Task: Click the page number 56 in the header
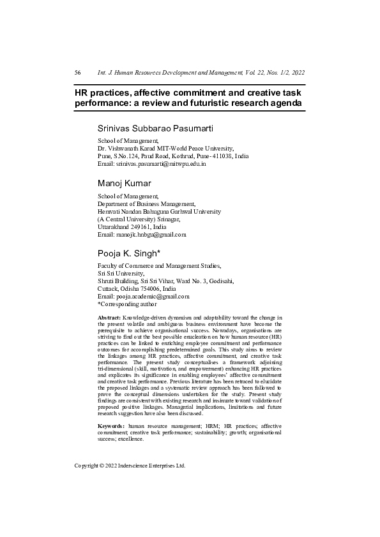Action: click(x=77, y=73)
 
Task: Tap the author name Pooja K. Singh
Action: click(x=133, y=253)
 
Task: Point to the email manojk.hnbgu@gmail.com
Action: click(x=151, y=234)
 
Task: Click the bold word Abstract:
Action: click(x=109, y=317)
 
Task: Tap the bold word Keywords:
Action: click(x=112, y=425)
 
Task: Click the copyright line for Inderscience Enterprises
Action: click(x=130, y=466)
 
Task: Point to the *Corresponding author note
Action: click(x=130, y=304)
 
